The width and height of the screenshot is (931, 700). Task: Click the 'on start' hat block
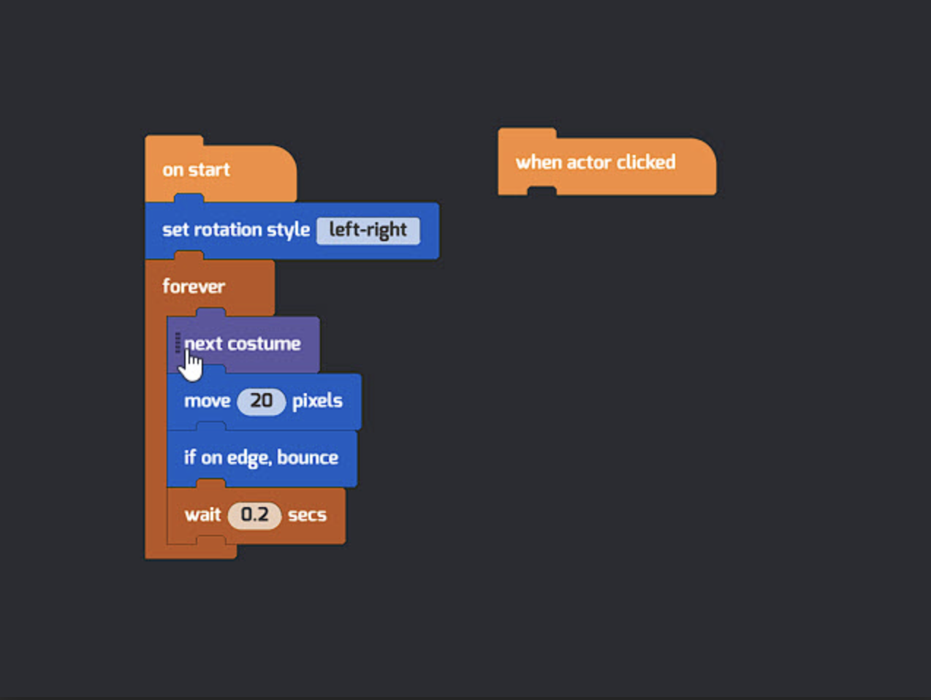pyautogui.click(x=221, y=170)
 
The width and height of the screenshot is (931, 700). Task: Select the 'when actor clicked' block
pyautogui.click(x=607, y=162)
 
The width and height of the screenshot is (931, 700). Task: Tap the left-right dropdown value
pyautogui.click(x=368, y=231)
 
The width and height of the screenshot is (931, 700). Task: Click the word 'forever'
pyautogui.click(x=194, y=286)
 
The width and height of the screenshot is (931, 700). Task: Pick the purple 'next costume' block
pyautogui.click(x=243, y=344)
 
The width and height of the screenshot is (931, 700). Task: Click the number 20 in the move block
pyautogui.click(x=262, y=401)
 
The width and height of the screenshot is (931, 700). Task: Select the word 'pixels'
pyautogui.click(x=317, y=401)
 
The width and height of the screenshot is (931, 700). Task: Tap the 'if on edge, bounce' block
pyautogui.click(x=262, y=458)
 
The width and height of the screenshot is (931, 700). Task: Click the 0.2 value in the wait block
pyautogui.click(x=254, y=516)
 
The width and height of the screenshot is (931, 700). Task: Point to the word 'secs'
pyautogui.click(x=307, y=516)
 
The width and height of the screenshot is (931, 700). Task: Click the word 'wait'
pyautogui.click(x=202, y=516)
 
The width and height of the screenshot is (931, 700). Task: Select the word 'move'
pyautogui.click(x=208, y=401)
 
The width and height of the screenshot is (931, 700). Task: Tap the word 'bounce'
pyautogui.click(x=308, y=458)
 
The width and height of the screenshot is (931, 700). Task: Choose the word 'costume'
pyautogui.click(x=265, y=344)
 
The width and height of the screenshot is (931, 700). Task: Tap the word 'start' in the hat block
pyautogui.click(x=209, y=170)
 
